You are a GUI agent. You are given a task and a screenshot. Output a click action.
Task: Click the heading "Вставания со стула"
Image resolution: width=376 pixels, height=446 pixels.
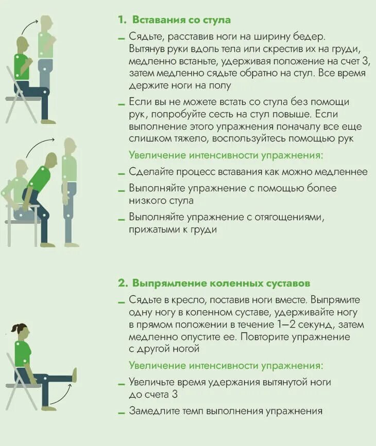181,20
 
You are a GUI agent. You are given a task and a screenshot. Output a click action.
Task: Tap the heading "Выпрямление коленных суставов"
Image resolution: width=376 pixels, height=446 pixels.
221,283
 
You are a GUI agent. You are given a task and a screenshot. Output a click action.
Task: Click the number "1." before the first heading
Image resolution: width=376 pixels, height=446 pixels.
122,20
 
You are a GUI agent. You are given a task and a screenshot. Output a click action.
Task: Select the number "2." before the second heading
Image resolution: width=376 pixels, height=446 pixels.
123,283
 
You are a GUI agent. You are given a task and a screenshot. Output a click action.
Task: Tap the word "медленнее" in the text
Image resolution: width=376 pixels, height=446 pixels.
344,172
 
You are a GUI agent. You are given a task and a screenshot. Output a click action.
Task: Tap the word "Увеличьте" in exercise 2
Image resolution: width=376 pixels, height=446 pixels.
153,382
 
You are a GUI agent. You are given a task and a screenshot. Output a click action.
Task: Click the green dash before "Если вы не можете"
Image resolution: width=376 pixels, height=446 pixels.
121,103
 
